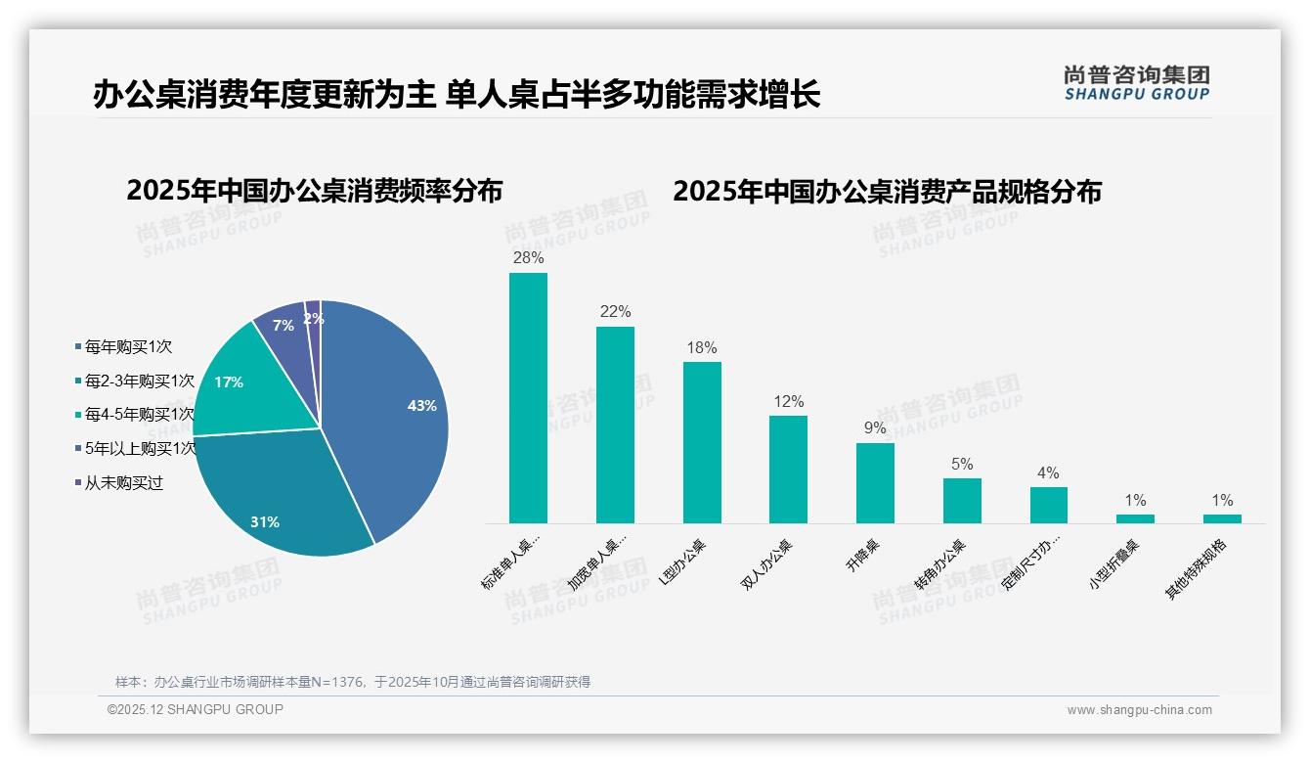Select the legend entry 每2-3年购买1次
138,381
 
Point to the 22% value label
615,312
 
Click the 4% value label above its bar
1048,473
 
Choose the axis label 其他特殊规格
1198,568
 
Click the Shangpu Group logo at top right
1136,83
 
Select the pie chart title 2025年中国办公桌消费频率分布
314,191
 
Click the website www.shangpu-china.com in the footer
1139,710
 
